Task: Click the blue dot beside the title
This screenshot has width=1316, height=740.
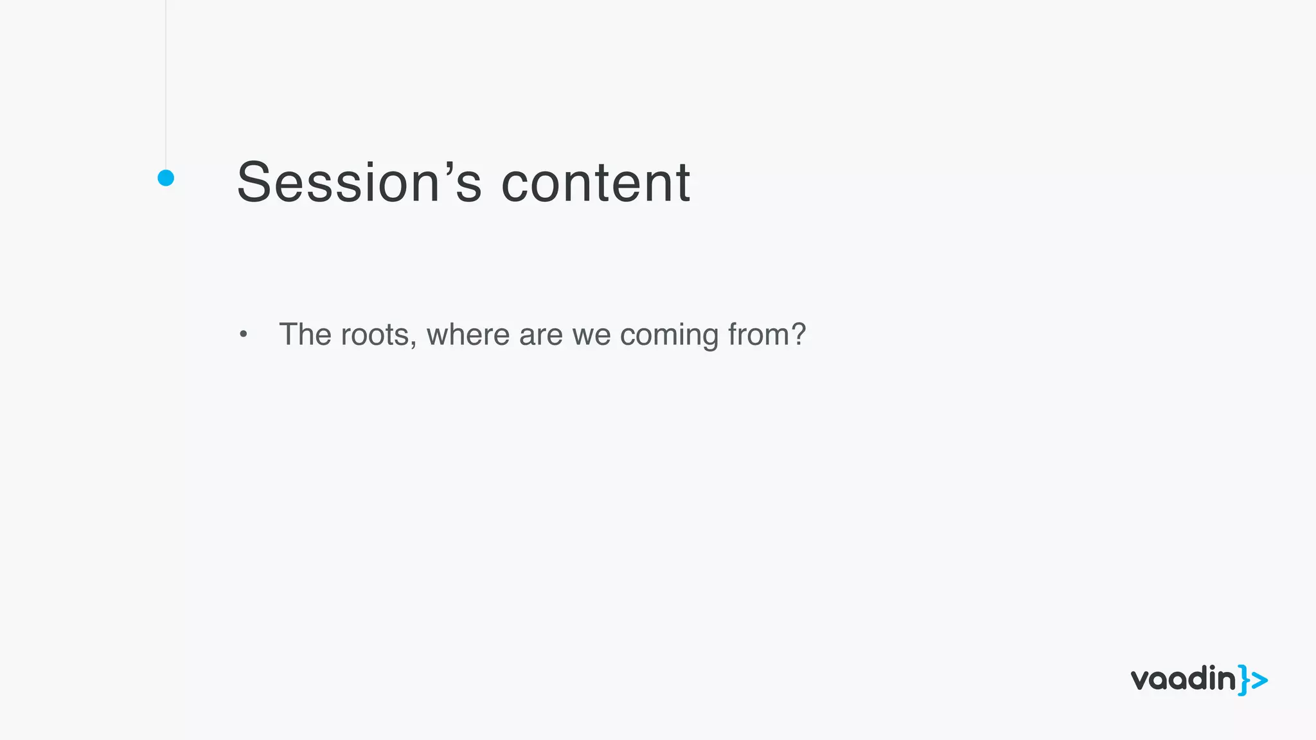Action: pos(166,178)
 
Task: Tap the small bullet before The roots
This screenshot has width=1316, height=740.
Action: pos(243,334)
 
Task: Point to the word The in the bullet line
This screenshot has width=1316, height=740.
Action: pos(305,335)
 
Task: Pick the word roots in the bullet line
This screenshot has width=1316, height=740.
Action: pos(374,335)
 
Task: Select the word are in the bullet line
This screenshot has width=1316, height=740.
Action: pos(540,335)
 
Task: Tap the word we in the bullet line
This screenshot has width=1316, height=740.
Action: pos(591,335)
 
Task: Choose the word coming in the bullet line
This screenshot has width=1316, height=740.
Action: pos(668,336)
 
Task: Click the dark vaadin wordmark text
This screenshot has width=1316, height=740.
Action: pos(1183,679)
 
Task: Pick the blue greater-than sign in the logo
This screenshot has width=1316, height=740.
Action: pos(1259,680)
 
